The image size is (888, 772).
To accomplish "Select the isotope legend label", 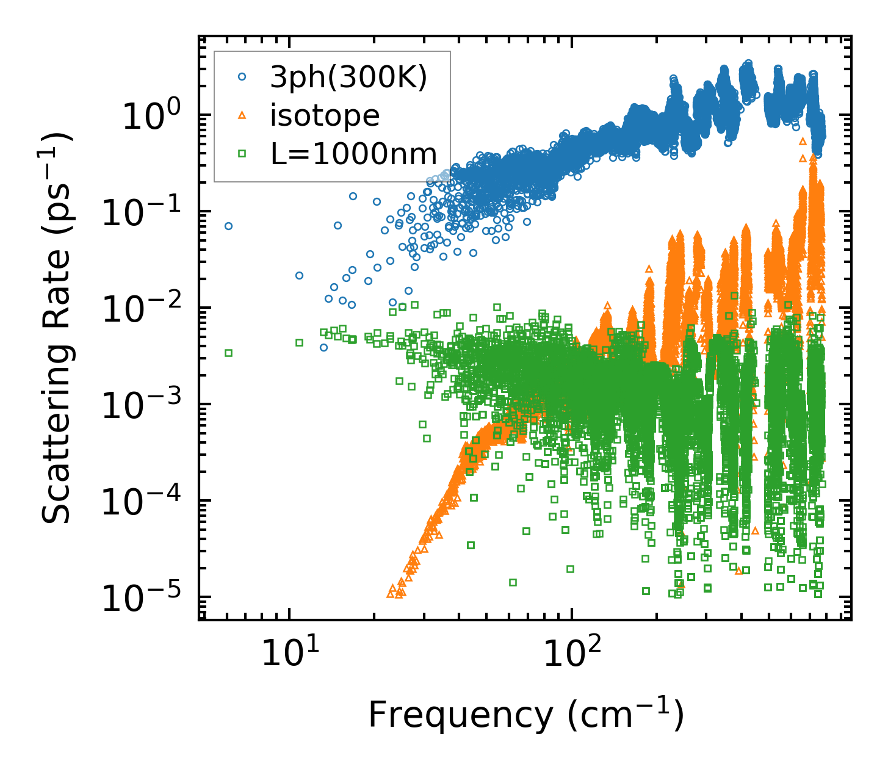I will tap(325, 115).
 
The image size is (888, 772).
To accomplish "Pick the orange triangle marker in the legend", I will tap(242, 115).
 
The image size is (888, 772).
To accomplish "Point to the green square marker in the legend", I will tap(242, 154).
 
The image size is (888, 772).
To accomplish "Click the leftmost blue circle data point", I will tap(229, 226).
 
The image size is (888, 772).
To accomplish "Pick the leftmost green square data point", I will tap(229, 353).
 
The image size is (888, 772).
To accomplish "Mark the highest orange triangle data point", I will tap(802, 141).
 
